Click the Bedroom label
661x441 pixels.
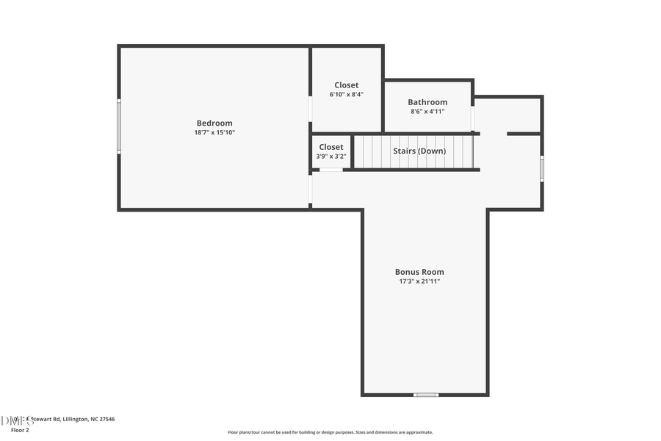[x=214, y=123]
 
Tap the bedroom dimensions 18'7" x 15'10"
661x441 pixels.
[x=214, y=133]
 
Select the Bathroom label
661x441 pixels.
[x=427, y=102]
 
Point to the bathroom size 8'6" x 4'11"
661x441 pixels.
[x=427, y=112]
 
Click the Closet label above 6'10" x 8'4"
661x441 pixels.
[x=347, y=85]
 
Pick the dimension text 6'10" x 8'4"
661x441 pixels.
[x=347, y=95]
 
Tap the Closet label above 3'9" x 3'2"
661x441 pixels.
[x=330, y=147]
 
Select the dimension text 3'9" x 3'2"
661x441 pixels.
[x=330, y=157]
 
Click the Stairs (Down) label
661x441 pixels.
[x=419, y=151]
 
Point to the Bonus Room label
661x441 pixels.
[x=419, y=271]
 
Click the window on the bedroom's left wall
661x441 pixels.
[x=119, y=126]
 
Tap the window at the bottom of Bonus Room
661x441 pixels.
[x=425, y=395]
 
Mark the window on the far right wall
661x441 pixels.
[x=542, y=168]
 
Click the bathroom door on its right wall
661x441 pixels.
[x=473, y=118]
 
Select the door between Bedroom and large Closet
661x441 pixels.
[x=311, y=109]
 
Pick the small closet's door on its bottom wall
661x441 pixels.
[x=330, y=171]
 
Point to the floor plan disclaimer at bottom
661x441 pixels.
[x=330, y=432]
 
